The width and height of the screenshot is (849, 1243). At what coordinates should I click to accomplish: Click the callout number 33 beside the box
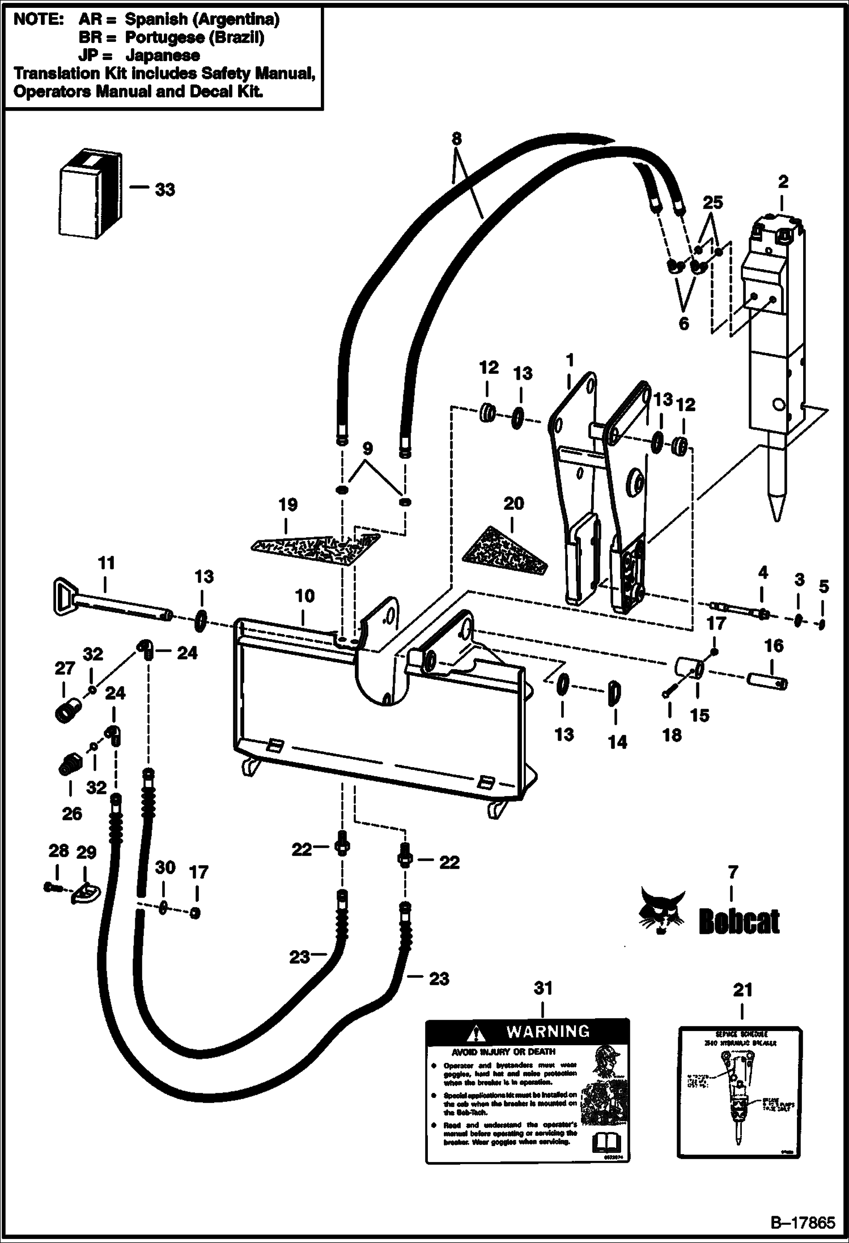165,190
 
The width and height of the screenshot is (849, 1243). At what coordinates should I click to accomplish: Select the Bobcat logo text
739,922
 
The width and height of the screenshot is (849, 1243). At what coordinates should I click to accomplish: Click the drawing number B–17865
801,1222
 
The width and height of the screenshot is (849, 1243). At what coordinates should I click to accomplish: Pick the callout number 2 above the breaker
783,182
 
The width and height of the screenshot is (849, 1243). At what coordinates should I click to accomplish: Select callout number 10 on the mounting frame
304,595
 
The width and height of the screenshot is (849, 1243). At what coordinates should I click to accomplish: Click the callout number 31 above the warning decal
543,988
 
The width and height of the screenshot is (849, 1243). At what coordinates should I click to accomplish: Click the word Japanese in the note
162,56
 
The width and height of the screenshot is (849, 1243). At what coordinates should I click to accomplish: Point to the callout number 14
617,742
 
